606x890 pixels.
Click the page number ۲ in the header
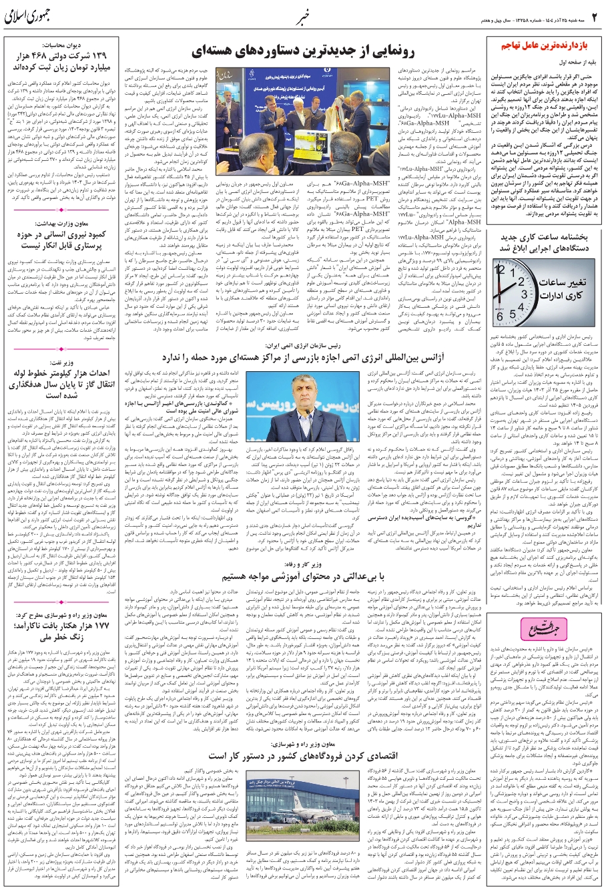593,15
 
